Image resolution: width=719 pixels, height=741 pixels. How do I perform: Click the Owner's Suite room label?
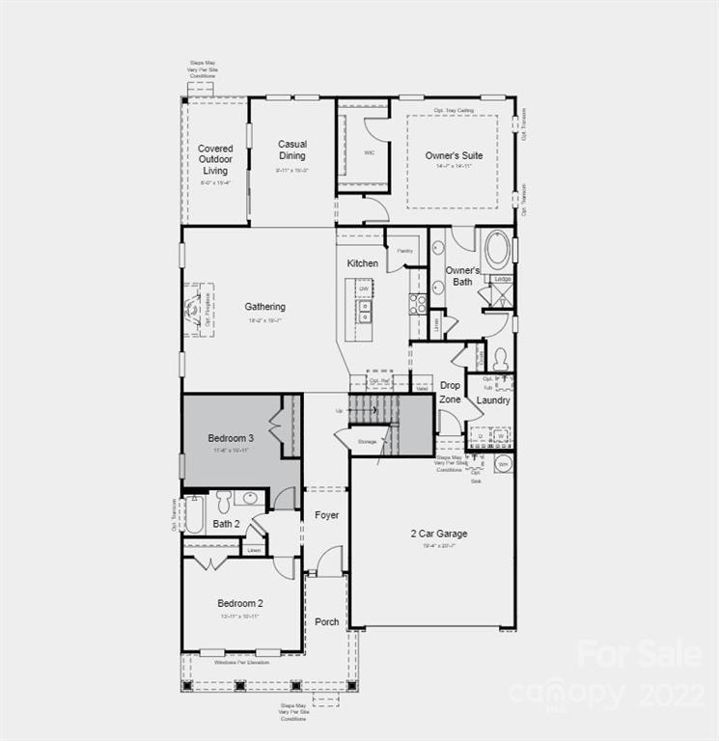coord(454,155)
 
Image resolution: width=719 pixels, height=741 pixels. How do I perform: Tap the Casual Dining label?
coord(292,150)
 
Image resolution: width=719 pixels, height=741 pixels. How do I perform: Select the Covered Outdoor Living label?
coord(215,159)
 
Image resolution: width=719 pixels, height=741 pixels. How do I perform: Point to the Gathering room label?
coord(264,307)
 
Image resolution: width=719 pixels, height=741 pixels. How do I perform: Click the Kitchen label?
coord(363,263)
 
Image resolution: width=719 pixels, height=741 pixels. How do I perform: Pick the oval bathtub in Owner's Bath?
coord(497,249)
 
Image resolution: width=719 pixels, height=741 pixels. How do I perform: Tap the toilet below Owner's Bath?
coord(501,358)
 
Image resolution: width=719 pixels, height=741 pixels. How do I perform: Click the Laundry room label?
coord(493,400)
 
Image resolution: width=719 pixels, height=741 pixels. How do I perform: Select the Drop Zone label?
coord(450,392)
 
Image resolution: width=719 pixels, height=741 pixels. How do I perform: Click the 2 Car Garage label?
coord(438,534)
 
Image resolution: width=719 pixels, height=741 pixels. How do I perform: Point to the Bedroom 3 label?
coord(229,439)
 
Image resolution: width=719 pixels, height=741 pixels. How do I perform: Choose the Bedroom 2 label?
coord(240,603)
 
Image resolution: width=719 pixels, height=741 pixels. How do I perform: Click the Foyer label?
coord(327,515)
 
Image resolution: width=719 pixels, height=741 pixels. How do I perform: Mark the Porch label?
coord(327,621)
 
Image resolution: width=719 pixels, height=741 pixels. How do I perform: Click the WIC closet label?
coord(369,152)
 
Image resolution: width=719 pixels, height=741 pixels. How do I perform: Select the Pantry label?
coord(404,251)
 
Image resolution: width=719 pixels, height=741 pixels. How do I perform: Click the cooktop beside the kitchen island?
coord(418,305)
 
